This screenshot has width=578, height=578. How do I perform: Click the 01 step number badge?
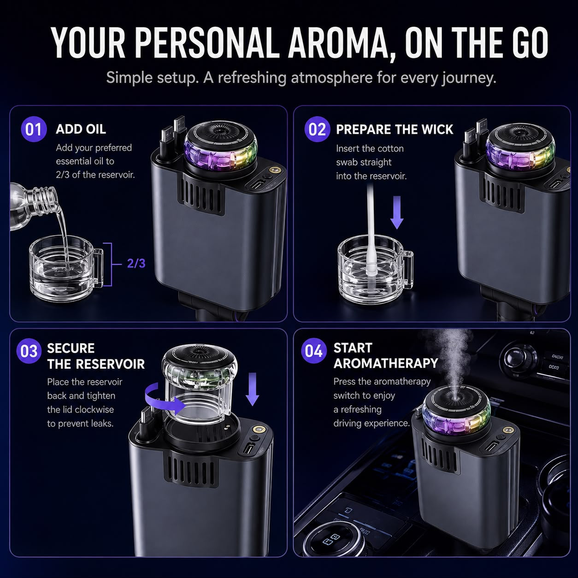tap(34, 129)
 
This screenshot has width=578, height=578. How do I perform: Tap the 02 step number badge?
tap(317, 129)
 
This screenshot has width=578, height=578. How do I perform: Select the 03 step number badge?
tap(29, 351)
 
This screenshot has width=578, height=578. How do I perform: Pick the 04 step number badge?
tap(314, 350)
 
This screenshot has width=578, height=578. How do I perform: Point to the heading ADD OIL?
tap(81, 129)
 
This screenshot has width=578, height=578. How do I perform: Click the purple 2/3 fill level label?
tap(136, 263)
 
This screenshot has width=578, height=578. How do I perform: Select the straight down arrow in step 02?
tap(397, 212)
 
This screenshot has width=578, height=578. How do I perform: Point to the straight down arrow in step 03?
tap(252, 389)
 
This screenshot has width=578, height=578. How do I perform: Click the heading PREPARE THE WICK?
tap(395, 129)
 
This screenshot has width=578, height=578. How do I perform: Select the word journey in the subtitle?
tap(468, 78)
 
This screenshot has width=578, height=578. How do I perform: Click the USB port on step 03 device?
tap(248, 449)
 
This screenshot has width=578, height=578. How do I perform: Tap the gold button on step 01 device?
tap(273, 170)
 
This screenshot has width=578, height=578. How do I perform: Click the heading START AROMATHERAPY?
tap(386, 355)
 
